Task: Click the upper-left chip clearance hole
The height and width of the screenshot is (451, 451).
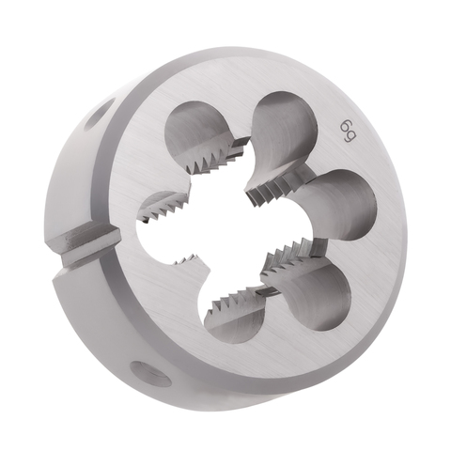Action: [x=196, y=130]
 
